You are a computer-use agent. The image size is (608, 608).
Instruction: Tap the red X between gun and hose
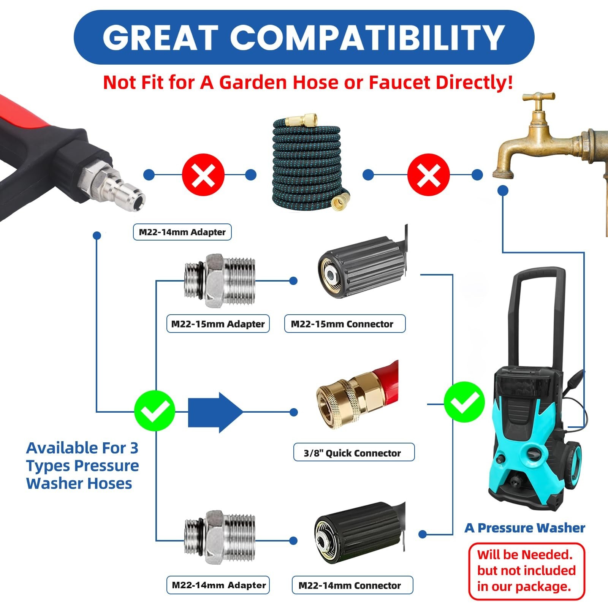[x=203, y=175]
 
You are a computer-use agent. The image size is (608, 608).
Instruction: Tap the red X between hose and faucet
[x=428, y=175]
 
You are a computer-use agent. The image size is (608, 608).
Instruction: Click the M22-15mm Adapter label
[x=218, y=324]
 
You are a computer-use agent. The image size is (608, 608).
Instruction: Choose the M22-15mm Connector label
[x=345, y=324]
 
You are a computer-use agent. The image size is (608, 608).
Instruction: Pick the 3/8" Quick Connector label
[x=354, y=453]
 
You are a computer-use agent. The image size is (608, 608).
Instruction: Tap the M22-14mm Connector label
[x=352, y=585]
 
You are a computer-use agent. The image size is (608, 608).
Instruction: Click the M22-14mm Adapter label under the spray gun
[x=182, y=232]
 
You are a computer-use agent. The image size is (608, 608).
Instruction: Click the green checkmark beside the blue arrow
[x=155, y=411]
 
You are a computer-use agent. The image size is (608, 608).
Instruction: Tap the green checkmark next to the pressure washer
[x=464, y=402]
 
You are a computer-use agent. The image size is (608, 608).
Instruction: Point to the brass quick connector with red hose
[x=357, y=395]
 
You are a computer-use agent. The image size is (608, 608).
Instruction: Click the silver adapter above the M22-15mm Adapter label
[x=220, y=281]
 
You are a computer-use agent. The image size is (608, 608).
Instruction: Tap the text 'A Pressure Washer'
[x=525, y=528]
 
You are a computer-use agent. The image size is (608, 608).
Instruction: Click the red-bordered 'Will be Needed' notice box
[x=527, y=571]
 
